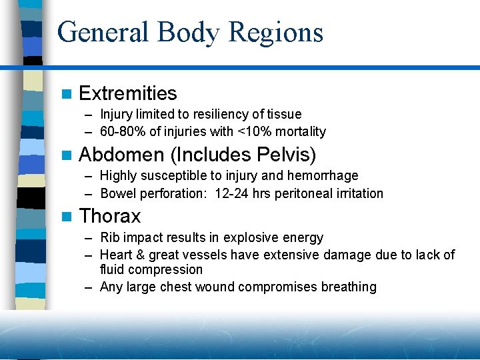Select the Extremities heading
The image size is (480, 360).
click(128, 93)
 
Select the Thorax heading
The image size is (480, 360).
click(110, 216)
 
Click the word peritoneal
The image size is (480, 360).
click(291, 193)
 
